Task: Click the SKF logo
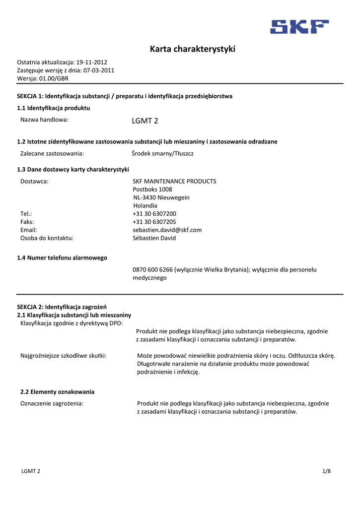[299, 26]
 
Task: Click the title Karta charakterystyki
[193, 49]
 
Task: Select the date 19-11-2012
[91, 63]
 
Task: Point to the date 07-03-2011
[99, 70]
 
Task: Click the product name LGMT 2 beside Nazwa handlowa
[145, 121]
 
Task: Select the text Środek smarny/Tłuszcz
[163, 154]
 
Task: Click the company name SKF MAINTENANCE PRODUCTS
[174, 182]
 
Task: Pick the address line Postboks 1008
[152, 190]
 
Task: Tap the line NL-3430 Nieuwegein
[161, 197]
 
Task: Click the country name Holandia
[145, 205]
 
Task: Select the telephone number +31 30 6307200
[154, 214]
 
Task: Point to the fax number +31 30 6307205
[154, 222]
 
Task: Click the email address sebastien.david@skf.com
[167, 230]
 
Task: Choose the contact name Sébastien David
[154, 238]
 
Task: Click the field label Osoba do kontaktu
[47, 238]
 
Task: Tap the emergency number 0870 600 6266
[152, 270]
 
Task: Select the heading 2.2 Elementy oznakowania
[57, 392]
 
